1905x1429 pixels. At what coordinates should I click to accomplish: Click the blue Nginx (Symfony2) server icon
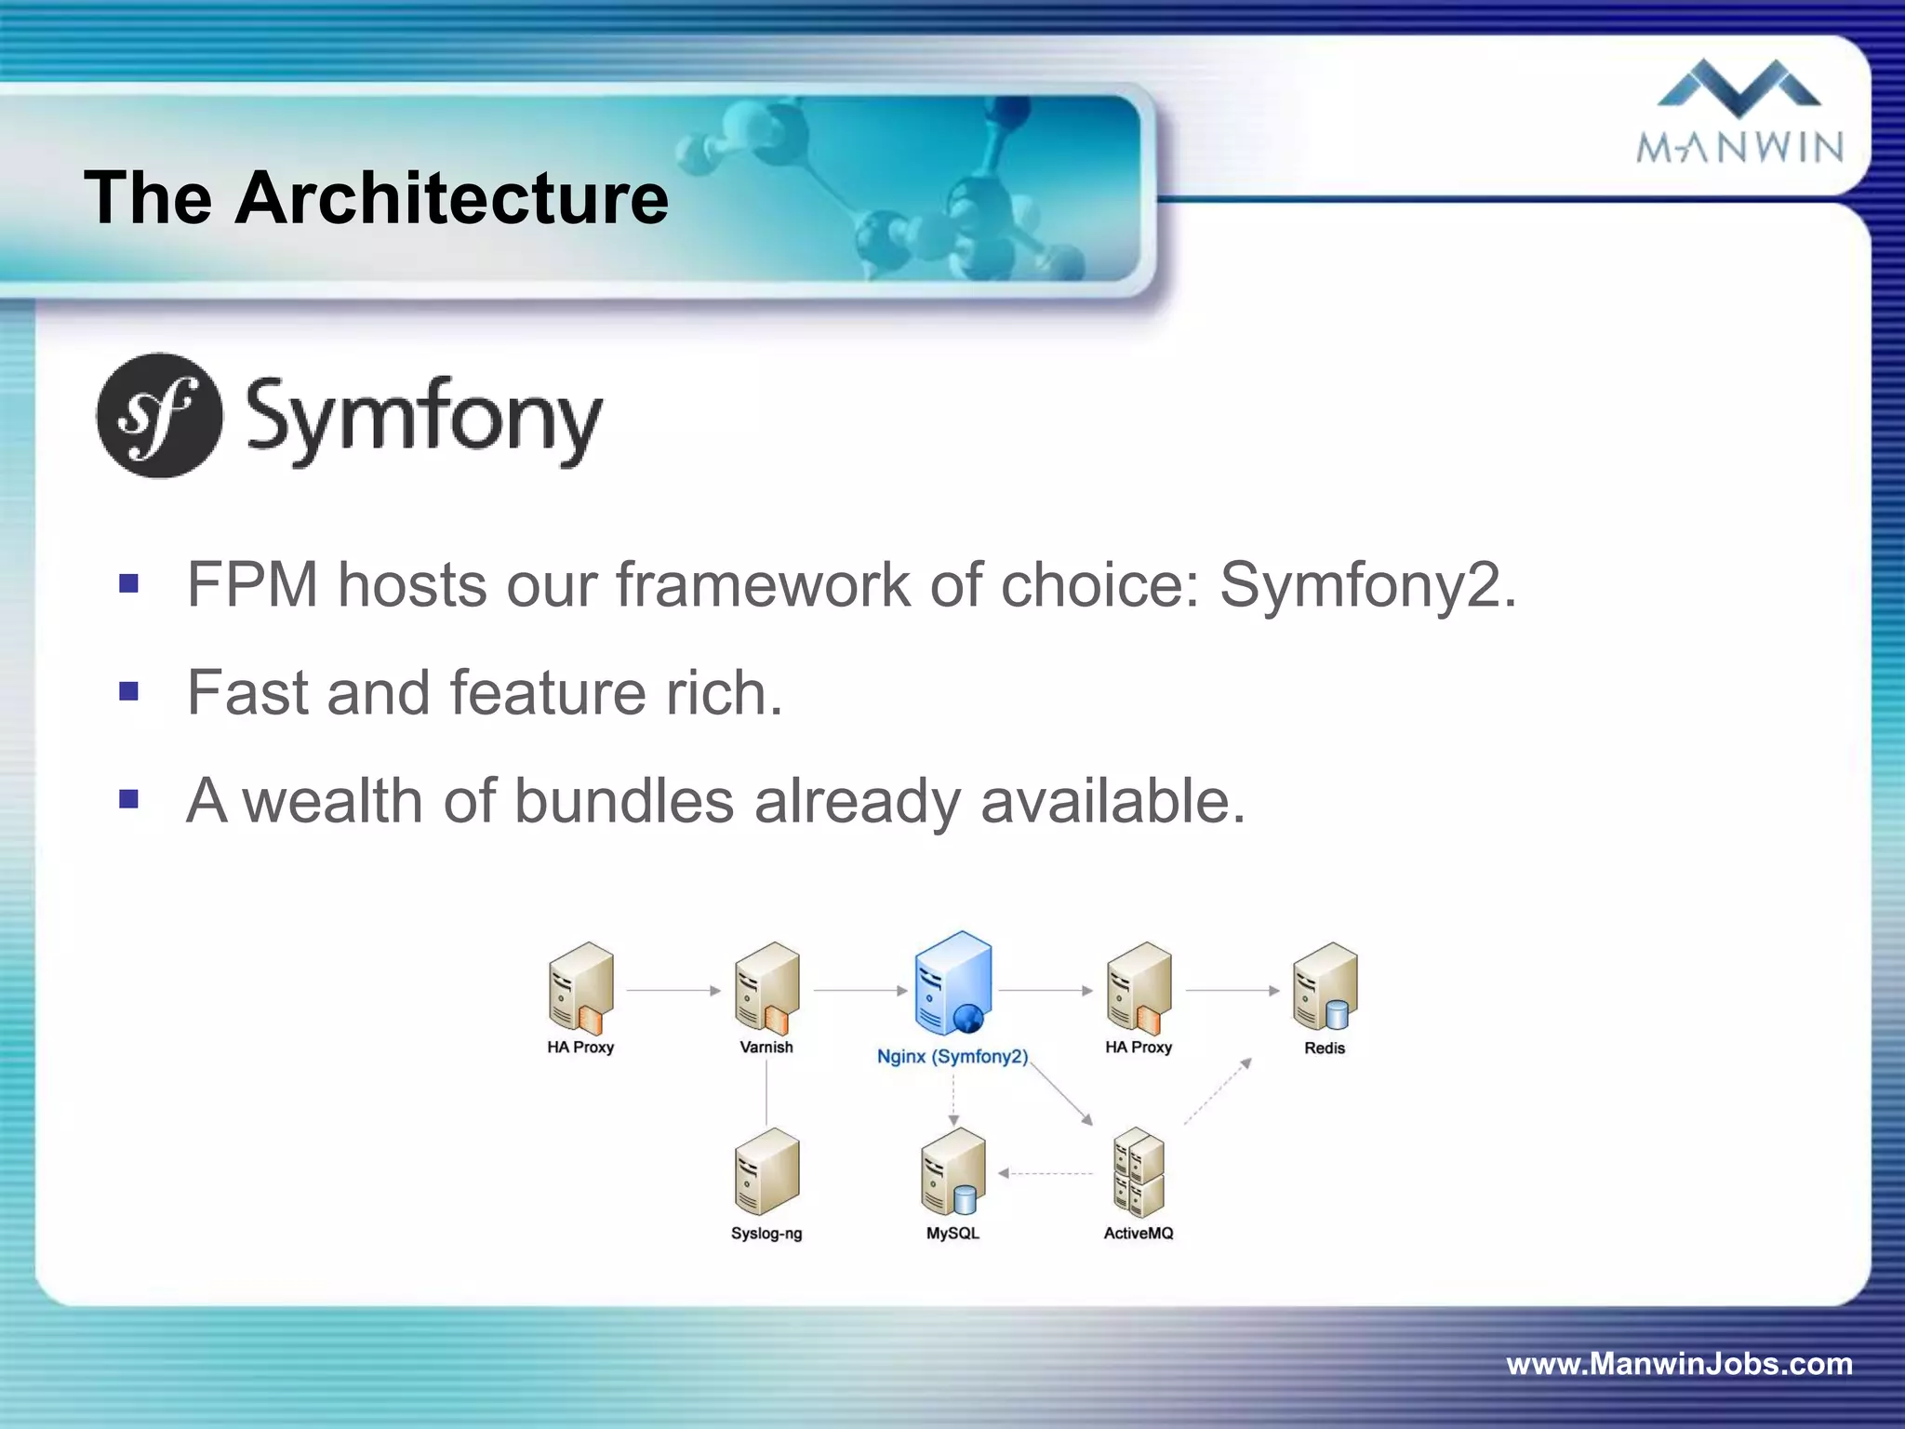click(952, 984)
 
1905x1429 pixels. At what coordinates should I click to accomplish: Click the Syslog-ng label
click(766, 1234)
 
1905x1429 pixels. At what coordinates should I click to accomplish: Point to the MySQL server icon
click(952, 1171)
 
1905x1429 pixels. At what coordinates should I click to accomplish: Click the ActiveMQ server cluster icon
click(1139, 1172)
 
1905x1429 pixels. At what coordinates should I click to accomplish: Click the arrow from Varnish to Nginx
click(859, 991)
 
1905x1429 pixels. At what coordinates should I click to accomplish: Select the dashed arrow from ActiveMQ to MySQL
click(1046, 1174)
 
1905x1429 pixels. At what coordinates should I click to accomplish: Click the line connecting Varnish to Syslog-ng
click(766, 1093)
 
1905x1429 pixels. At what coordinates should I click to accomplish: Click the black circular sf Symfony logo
click(160, 416)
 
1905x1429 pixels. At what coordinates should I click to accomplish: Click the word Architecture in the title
click(451, 198)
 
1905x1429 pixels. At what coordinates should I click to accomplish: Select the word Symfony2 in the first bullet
click(1367, 586)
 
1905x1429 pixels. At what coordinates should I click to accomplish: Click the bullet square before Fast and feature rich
click(129, 692)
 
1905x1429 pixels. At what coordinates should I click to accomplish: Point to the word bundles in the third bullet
click(623, 801)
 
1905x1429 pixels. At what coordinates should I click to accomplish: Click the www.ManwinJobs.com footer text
click(1679, 1364)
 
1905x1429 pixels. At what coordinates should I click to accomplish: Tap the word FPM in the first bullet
click(252, 585)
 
